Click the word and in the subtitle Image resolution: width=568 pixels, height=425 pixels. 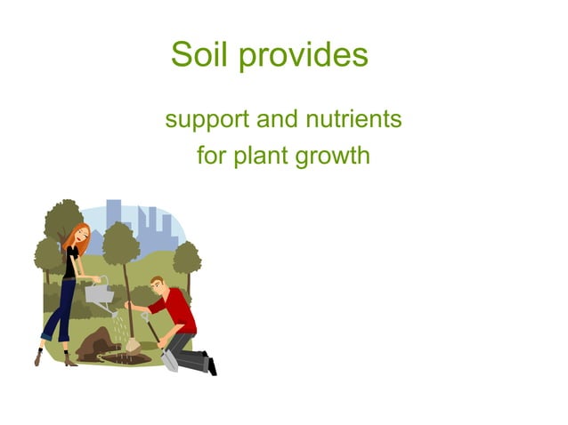point(276,118)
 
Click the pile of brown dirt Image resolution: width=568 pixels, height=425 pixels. point(95,342)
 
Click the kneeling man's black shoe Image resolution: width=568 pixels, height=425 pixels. point(210,364)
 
